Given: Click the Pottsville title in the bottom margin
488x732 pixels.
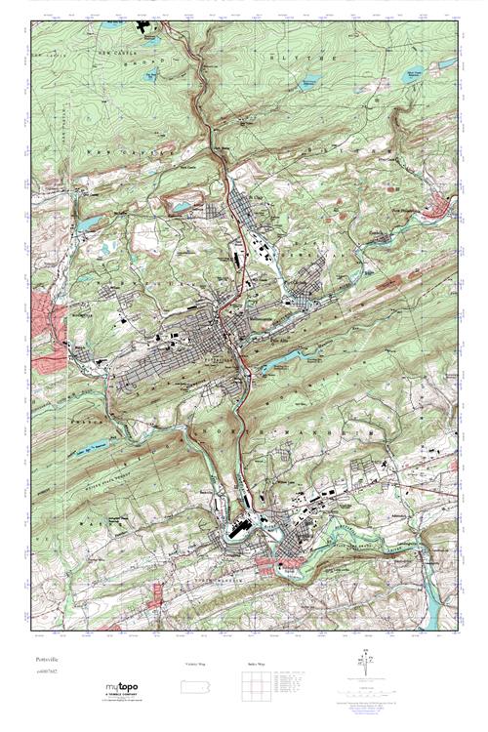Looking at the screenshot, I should pyautogui.click(x=46, y=659).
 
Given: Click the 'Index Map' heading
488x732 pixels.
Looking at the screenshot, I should pyautogui.click(x=249, y=665).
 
